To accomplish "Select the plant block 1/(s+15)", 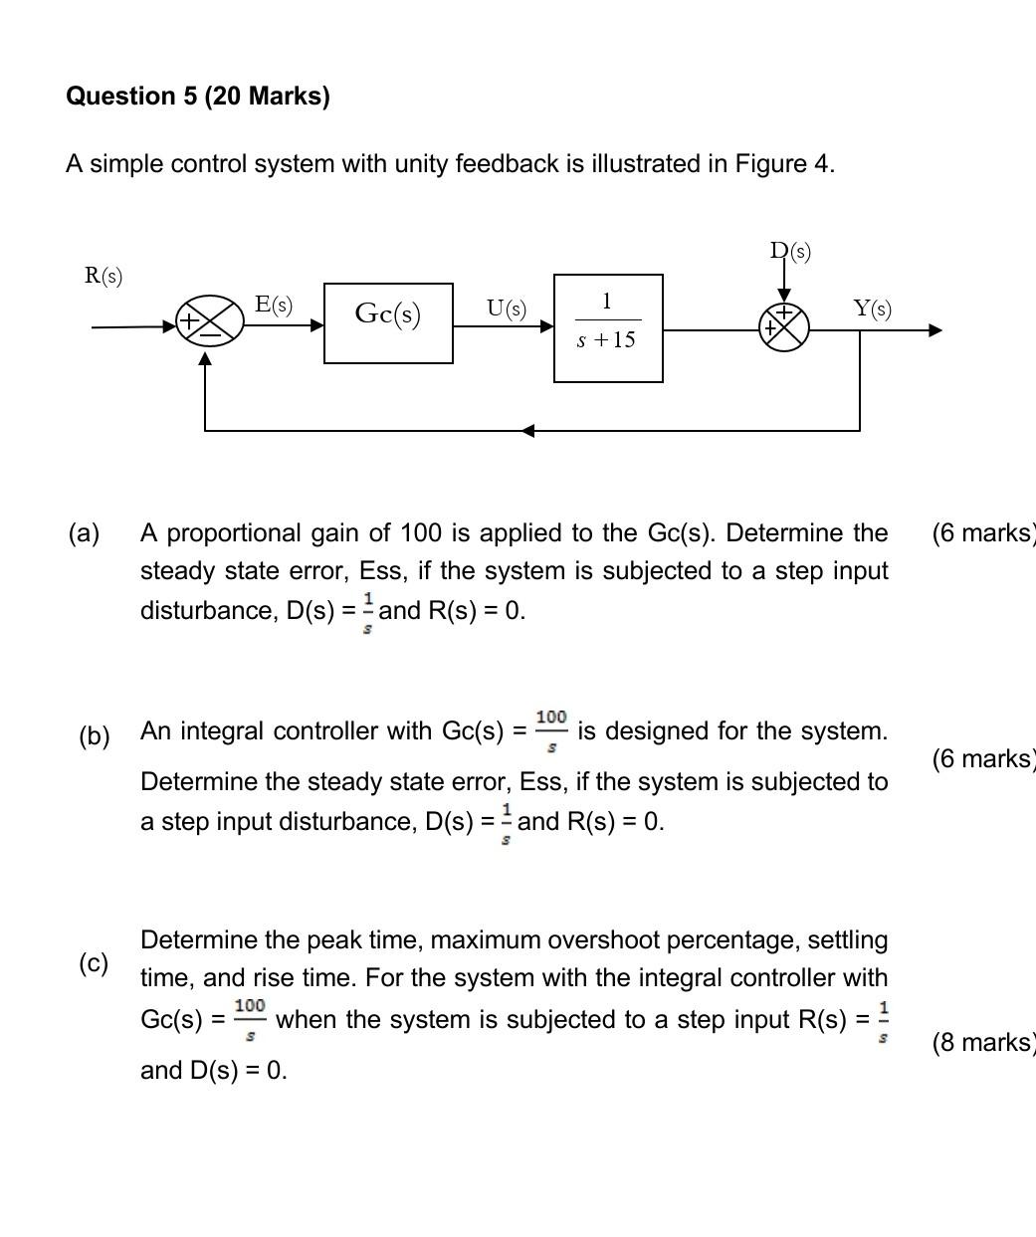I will tap(608, 327).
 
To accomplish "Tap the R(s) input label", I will tap(104, 276).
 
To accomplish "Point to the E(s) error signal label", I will tap(274, 306).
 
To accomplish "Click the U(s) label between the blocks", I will tap(506, 309).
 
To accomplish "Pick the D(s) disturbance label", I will tap(790, 251).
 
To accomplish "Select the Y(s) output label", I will tap(873, 309).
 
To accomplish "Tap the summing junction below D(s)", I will tap(784, 326).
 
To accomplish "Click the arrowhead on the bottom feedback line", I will tap(528, 430).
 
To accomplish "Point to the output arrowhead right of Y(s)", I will tap(934, 329).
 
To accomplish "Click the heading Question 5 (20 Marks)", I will tap(198, 97).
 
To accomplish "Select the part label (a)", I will tap(85, 533).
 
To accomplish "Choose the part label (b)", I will tap(95, 736).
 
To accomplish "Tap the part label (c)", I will tap(95, 963).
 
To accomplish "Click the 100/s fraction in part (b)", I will tap(551, 729).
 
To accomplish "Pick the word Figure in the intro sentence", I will tap(770, 164).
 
